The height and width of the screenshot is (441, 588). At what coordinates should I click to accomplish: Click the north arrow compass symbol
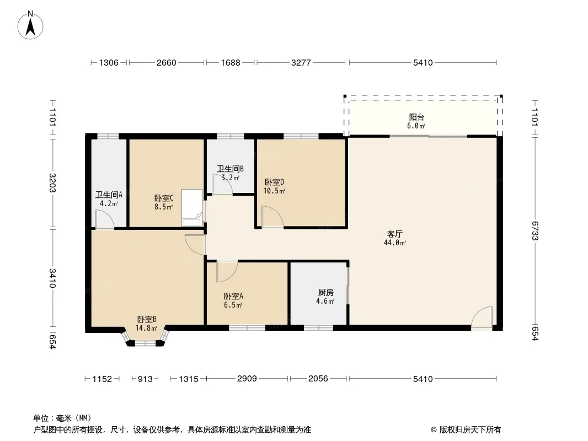pos(30,25)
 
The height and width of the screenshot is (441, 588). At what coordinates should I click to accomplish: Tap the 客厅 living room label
pos(394,234)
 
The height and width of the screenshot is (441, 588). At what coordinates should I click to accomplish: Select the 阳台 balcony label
pos(416,117)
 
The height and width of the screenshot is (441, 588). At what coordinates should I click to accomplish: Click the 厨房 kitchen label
pos(325,293)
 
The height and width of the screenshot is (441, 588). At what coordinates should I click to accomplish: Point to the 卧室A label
pos(233,297)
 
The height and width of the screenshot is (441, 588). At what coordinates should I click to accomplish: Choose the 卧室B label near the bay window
pos(147,320)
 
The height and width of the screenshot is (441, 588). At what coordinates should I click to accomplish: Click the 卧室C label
pos(163,198)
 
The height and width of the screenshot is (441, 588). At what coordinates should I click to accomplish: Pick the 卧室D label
pos(274,182)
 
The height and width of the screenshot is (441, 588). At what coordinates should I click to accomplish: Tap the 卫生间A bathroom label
pos(109,195)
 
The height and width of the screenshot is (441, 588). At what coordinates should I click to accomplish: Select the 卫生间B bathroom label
pos(230,169)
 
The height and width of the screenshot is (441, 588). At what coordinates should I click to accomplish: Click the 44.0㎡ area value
pos(395,243)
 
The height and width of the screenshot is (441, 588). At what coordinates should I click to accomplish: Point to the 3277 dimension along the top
pos(301,63)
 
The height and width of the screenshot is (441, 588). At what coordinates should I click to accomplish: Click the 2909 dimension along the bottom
pos(247,378)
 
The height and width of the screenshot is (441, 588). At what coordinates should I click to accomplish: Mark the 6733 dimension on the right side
pos(534,231)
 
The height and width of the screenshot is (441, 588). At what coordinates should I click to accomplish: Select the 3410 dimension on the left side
pos(52,278)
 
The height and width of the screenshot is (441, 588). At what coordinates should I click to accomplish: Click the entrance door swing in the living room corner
pos(482,319)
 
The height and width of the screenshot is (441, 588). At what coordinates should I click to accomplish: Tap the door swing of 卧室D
pos(272,217)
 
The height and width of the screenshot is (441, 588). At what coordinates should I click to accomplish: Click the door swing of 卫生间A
pos(105,219)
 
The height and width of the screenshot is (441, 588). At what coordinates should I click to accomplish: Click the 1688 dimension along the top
pos(230,63)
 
